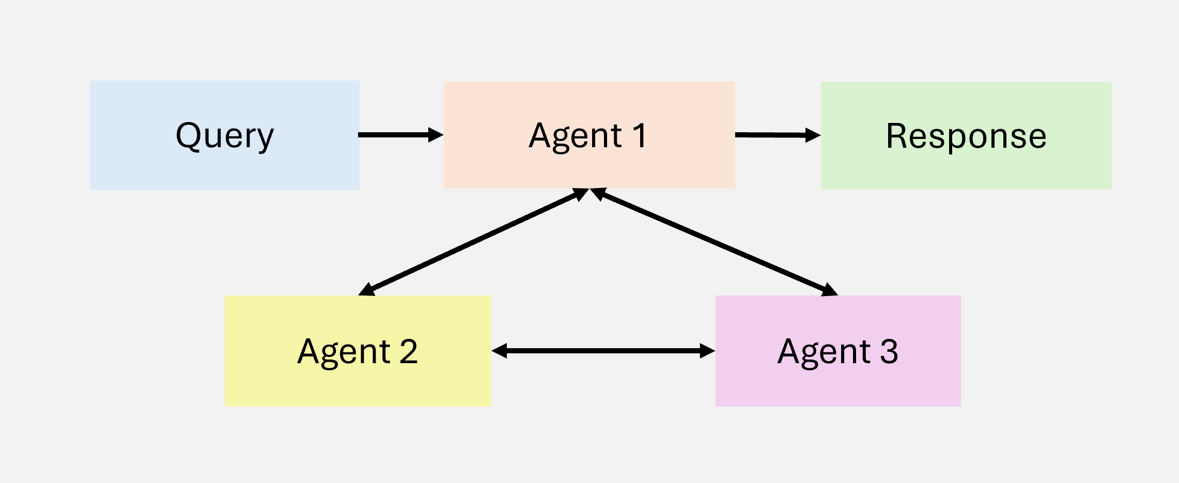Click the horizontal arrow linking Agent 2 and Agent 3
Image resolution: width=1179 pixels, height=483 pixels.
coord(603,351)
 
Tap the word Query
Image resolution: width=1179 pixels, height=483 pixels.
coord(225,136)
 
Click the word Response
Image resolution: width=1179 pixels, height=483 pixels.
coord(966,136)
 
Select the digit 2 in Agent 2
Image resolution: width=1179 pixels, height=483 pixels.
coord(408,351)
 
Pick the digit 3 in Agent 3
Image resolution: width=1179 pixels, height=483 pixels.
coord(889,351)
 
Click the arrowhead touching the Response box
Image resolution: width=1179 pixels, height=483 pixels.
coord(813,135)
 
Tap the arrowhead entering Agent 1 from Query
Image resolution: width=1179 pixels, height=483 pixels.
coord(436,135)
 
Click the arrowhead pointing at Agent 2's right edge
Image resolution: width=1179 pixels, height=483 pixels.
coord(500,351)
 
